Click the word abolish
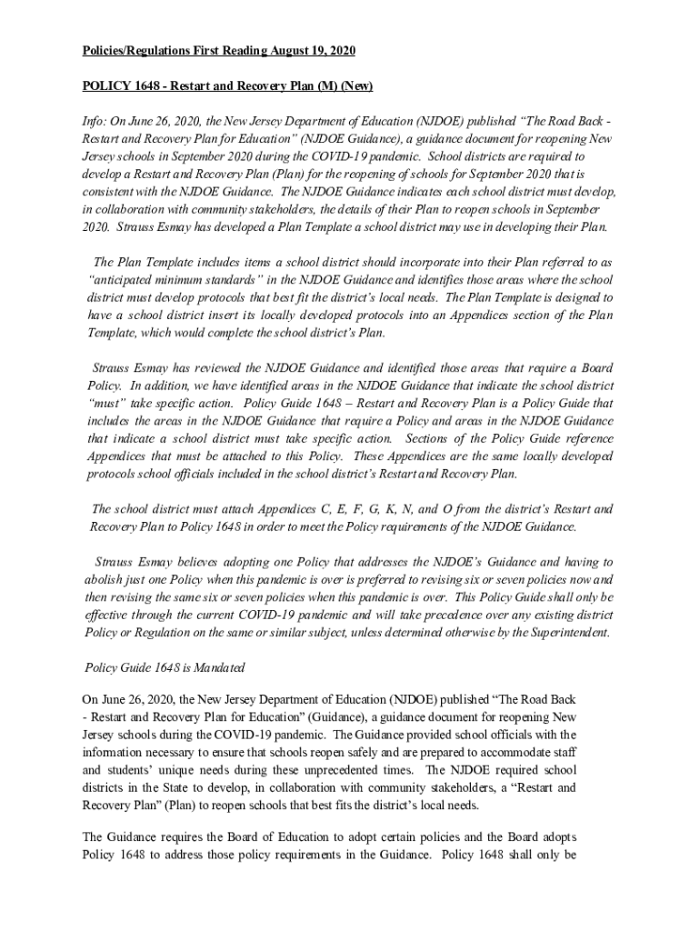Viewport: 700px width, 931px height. click(106, 579)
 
